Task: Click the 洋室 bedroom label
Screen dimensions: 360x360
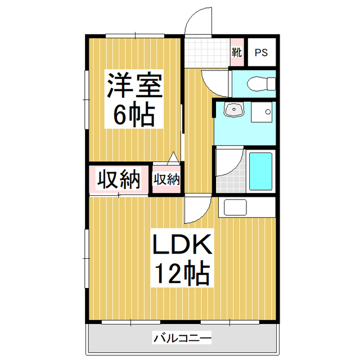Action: point(135,85)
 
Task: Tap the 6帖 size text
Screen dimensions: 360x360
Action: point(135,115)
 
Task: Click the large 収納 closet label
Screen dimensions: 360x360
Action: point(119,179)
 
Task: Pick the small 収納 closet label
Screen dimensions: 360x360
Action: point(166,179)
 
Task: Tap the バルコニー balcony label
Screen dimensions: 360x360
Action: point(182,339)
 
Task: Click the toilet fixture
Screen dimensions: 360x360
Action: point(260,84)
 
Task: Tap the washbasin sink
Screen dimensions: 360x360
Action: point(232,110)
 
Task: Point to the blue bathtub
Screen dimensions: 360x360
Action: point(260,171)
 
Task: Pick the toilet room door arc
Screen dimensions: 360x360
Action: point(217,82)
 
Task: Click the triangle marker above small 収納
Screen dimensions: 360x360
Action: point(174,159)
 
